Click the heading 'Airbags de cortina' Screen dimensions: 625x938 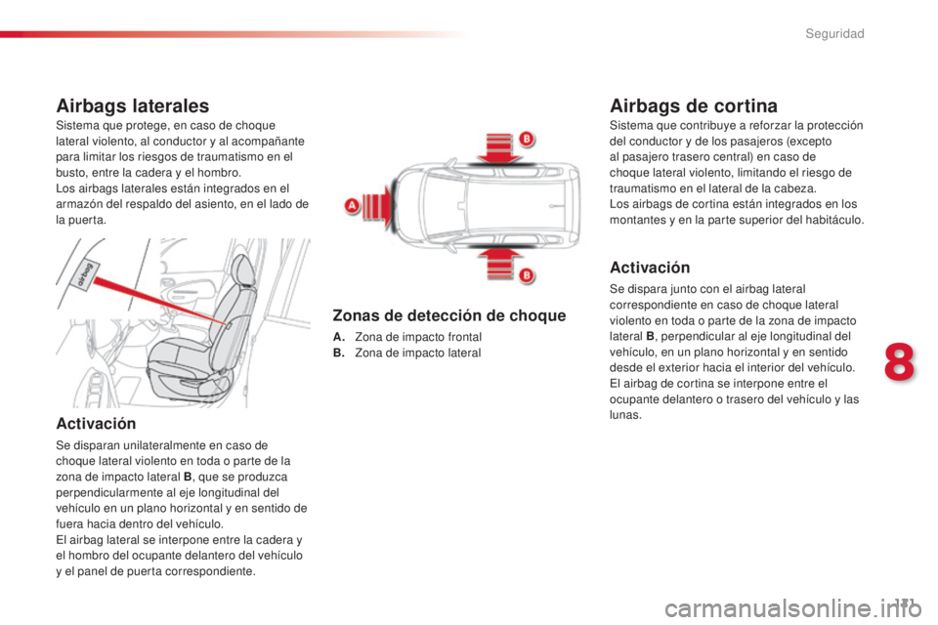click(x=693, y=104)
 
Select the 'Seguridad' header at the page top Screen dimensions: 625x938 click(x=835, y=34)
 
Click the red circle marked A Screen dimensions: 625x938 click(x=351, y=206)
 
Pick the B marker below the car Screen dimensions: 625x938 click(x=524, y=276)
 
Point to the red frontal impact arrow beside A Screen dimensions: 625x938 click(x=375, y=205)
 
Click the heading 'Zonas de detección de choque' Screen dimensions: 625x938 click(x=448, y=315)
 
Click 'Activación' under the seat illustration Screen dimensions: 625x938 click(x=96, y=422)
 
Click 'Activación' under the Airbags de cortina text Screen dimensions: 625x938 click(x=649, y=267)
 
